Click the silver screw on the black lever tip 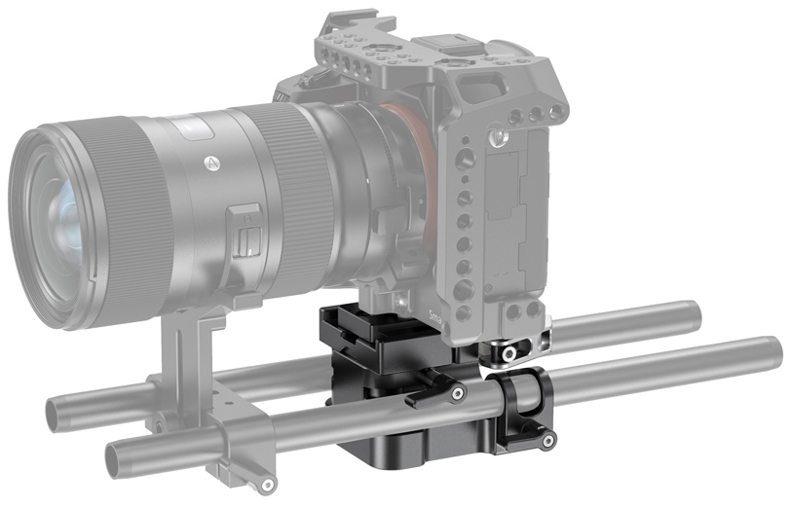pyautogui.click(x=458, y=392)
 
